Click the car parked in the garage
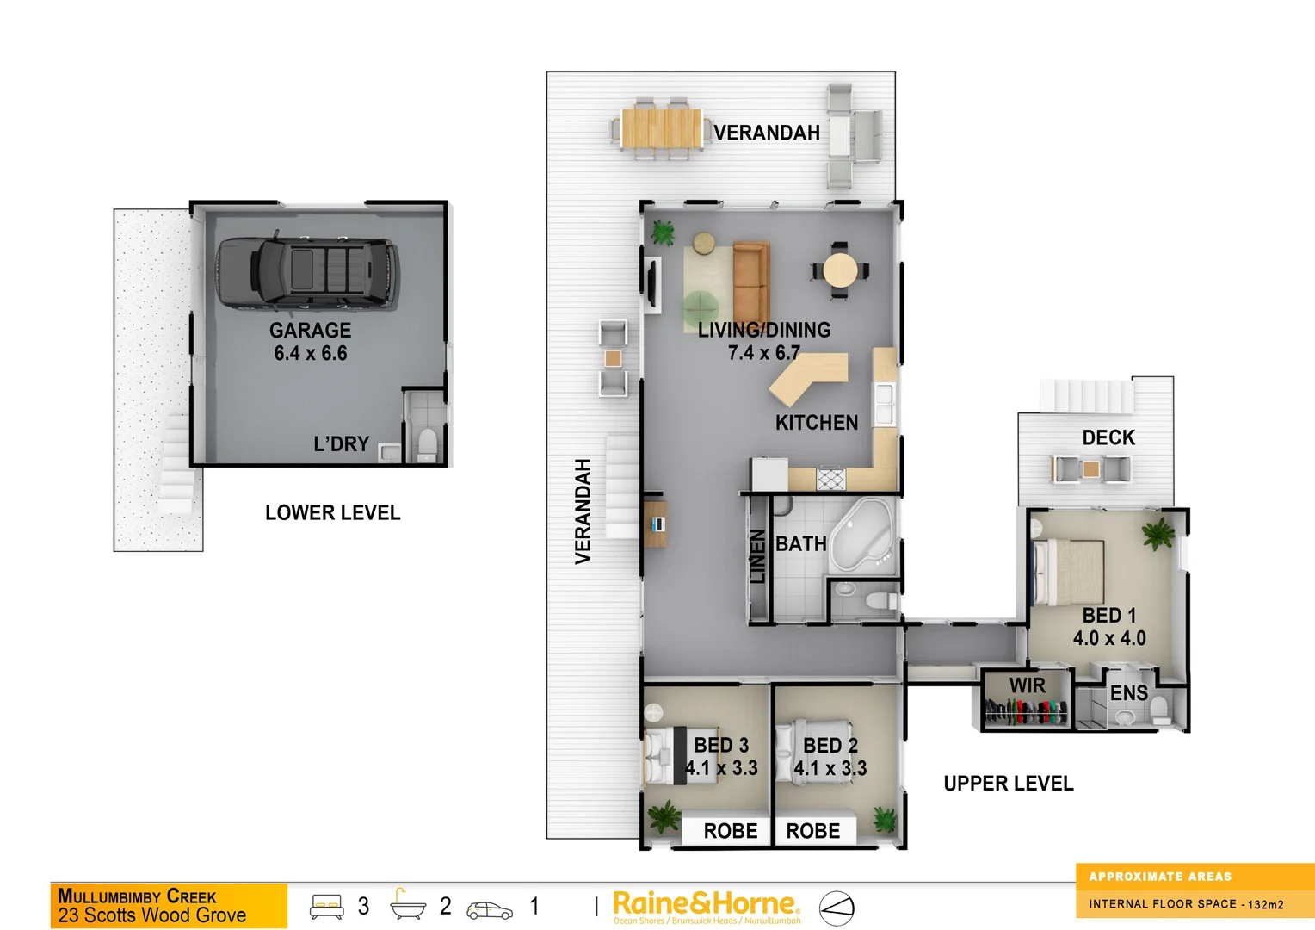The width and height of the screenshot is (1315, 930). coord(308,272)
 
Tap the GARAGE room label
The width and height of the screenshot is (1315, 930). coord(310,331)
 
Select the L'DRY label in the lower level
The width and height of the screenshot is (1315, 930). coord(341,444)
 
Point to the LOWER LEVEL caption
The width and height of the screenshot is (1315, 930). coord(332,513)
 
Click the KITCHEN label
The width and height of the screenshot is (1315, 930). coord(817,423)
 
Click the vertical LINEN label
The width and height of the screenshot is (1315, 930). coord(757,556)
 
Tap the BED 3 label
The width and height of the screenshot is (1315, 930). coord(721,745)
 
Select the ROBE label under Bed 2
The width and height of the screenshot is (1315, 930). coord(813,831)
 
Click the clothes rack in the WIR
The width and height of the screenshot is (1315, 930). coord(1025,712)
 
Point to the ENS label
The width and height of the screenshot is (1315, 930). coord(1128,693)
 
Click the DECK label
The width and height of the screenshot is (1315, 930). coord(1108,437)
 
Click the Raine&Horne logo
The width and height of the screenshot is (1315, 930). coord(706,904)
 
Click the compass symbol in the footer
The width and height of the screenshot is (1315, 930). coord(836,908)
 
